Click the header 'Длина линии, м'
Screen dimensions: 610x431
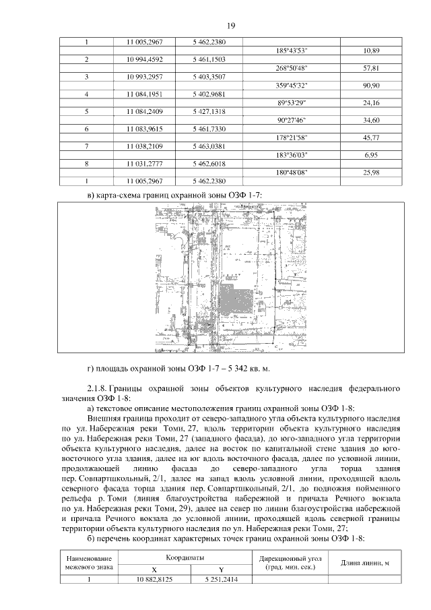365,563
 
